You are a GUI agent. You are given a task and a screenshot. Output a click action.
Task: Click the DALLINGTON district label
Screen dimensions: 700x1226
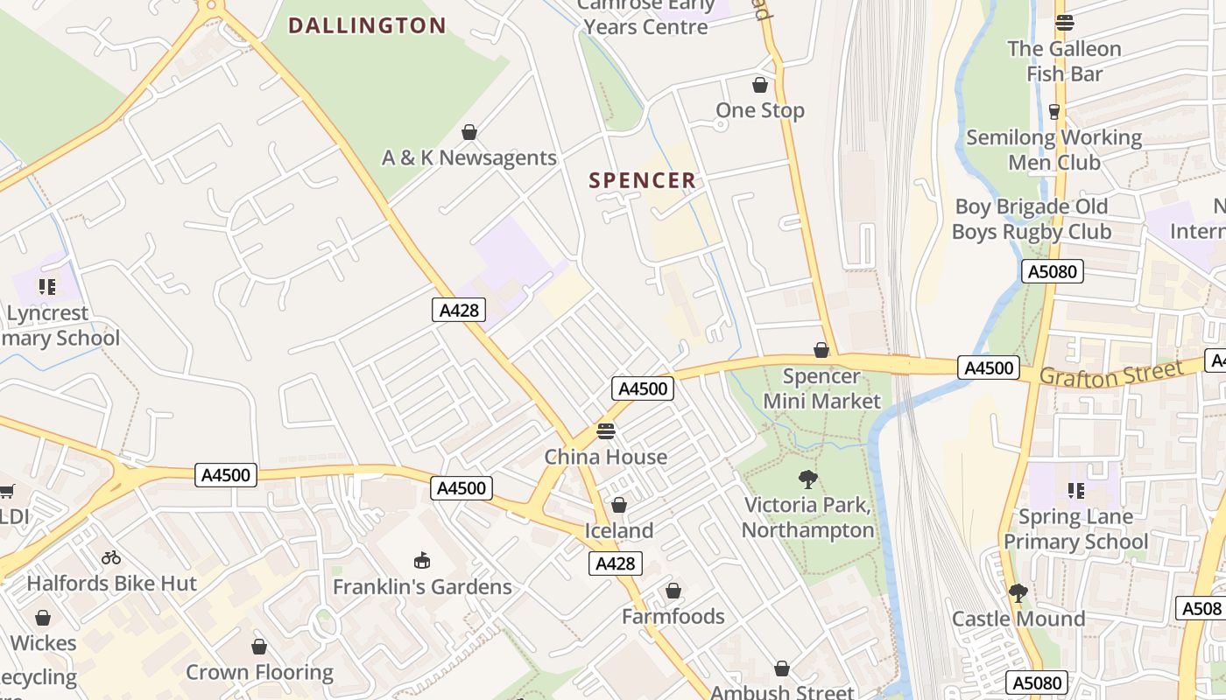click(x=367, y=25)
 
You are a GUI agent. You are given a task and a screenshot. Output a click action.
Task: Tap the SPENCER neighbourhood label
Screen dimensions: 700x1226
click(x=643, y=180)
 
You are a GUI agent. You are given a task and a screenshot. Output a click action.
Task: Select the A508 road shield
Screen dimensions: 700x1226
click(x=1201, y=608)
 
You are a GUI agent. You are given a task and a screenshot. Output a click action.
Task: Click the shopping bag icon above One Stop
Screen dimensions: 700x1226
click(x=759, y=85)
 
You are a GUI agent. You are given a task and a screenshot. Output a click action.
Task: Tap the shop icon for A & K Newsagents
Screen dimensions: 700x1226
click(x=469, y=132)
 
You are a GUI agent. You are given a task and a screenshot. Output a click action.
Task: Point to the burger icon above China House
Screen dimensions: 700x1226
click(x=606, y=430)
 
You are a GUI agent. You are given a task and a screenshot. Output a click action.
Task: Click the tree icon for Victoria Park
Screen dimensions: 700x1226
click(x=807, y=479)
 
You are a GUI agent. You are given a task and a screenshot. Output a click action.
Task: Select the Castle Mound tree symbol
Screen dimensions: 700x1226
click(x=1018, y=592)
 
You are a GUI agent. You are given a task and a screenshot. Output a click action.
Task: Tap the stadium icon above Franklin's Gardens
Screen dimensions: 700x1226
click(x=422, y=560)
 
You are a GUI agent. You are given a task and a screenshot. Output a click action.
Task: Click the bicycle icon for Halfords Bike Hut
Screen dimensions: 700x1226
click(x=111, y=556)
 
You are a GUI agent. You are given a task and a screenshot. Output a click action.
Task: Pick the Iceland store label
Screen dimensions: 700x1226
click(x=619, y=530)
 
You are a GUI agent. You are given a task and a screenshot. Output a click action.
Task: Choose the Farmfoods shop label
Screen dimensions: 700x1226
click(x=673, y=616)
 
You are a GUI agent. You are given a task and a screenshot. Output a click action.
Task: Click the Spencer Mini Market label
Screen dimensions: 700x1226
click(x=821, y=388)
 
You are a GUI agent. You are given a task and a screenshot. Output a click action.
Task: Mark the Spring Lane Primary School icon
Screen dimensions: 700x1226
click(x=1075, y=490)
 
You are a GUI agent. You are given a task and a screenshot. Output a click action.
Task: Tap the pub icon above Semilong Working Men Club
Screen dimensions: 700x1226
click(x=1054, y=111)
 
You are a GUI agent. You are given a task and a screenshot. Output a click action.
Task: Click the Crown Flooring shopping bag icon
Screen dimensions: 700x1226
click(x=259, y=647)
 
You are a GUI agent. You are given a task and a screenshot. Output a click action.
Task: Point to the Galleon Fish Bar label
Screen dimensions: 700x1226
click(x=1064, y=61)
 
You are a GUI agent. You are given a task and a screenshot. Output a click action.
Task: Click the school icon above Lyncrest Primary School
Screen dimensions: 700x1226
click(x=47, y=286)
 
